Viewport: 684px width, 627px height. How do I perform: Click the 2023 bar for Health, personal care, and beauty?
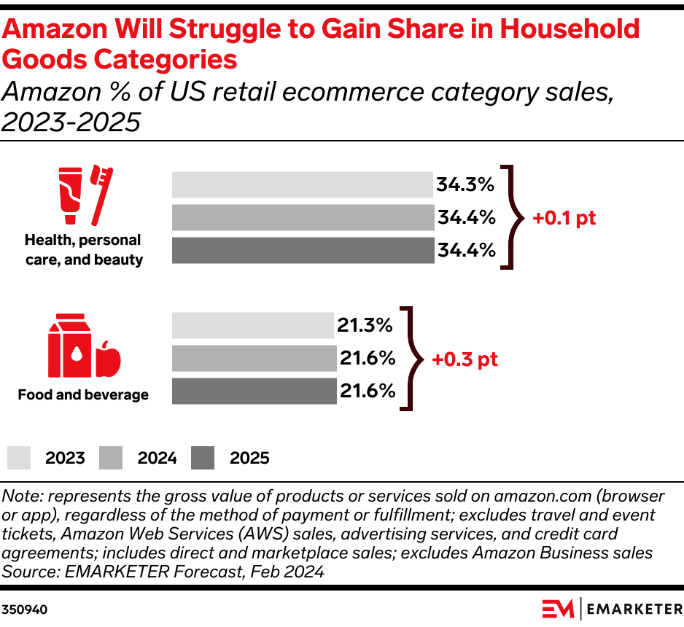click(303, 185)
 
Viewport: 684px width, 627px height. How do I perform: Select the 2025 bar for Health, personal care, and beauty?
click(303, 250)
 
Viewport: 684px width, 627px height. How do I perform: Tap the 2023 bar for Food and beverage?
click(252, 325)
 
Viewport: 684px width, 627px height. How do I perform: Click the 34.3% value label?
click(466, 185)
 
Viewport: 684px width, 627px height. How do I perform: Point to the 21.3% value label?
click(365, 325)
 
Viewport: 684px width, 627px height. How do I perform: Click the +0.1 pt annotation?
click(564, 218)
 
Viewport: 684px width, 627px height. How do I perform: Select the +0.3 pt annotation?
click(465, 359)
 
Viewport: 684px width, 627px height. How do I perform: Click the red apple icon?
click(107, 357)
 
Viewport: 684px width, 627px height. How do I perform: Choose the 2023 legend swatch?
click(20, 458)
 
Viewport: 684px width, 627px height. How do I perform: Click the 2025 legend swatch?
click(203, 458)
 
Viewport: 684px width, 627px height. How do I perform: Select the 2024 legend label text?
click(157, 458)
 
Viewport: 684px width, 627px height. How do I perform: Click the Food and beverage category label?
click(83, 395)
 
